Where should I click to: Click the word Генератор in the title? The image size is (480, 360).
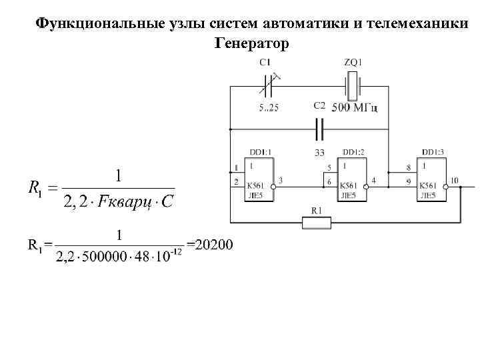[x=252, y=44]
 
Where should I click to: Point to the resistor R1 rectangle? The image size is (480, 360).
[x=317, y=221]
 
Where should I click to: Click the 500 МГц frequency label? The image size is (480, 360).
[x=354, y=108]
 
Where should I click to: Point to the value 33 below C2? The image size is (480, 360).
[x=319, y=153]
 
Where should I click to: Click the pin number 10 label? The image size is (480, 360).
[x=454, y=181]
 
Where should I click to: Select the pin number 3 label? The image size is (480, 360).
[x=281, y=181]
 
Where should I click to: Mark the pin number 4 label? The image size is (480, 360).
[x=373, y=181]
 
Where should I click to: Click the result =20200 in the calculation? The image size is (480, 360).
[x=210, y=245]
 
